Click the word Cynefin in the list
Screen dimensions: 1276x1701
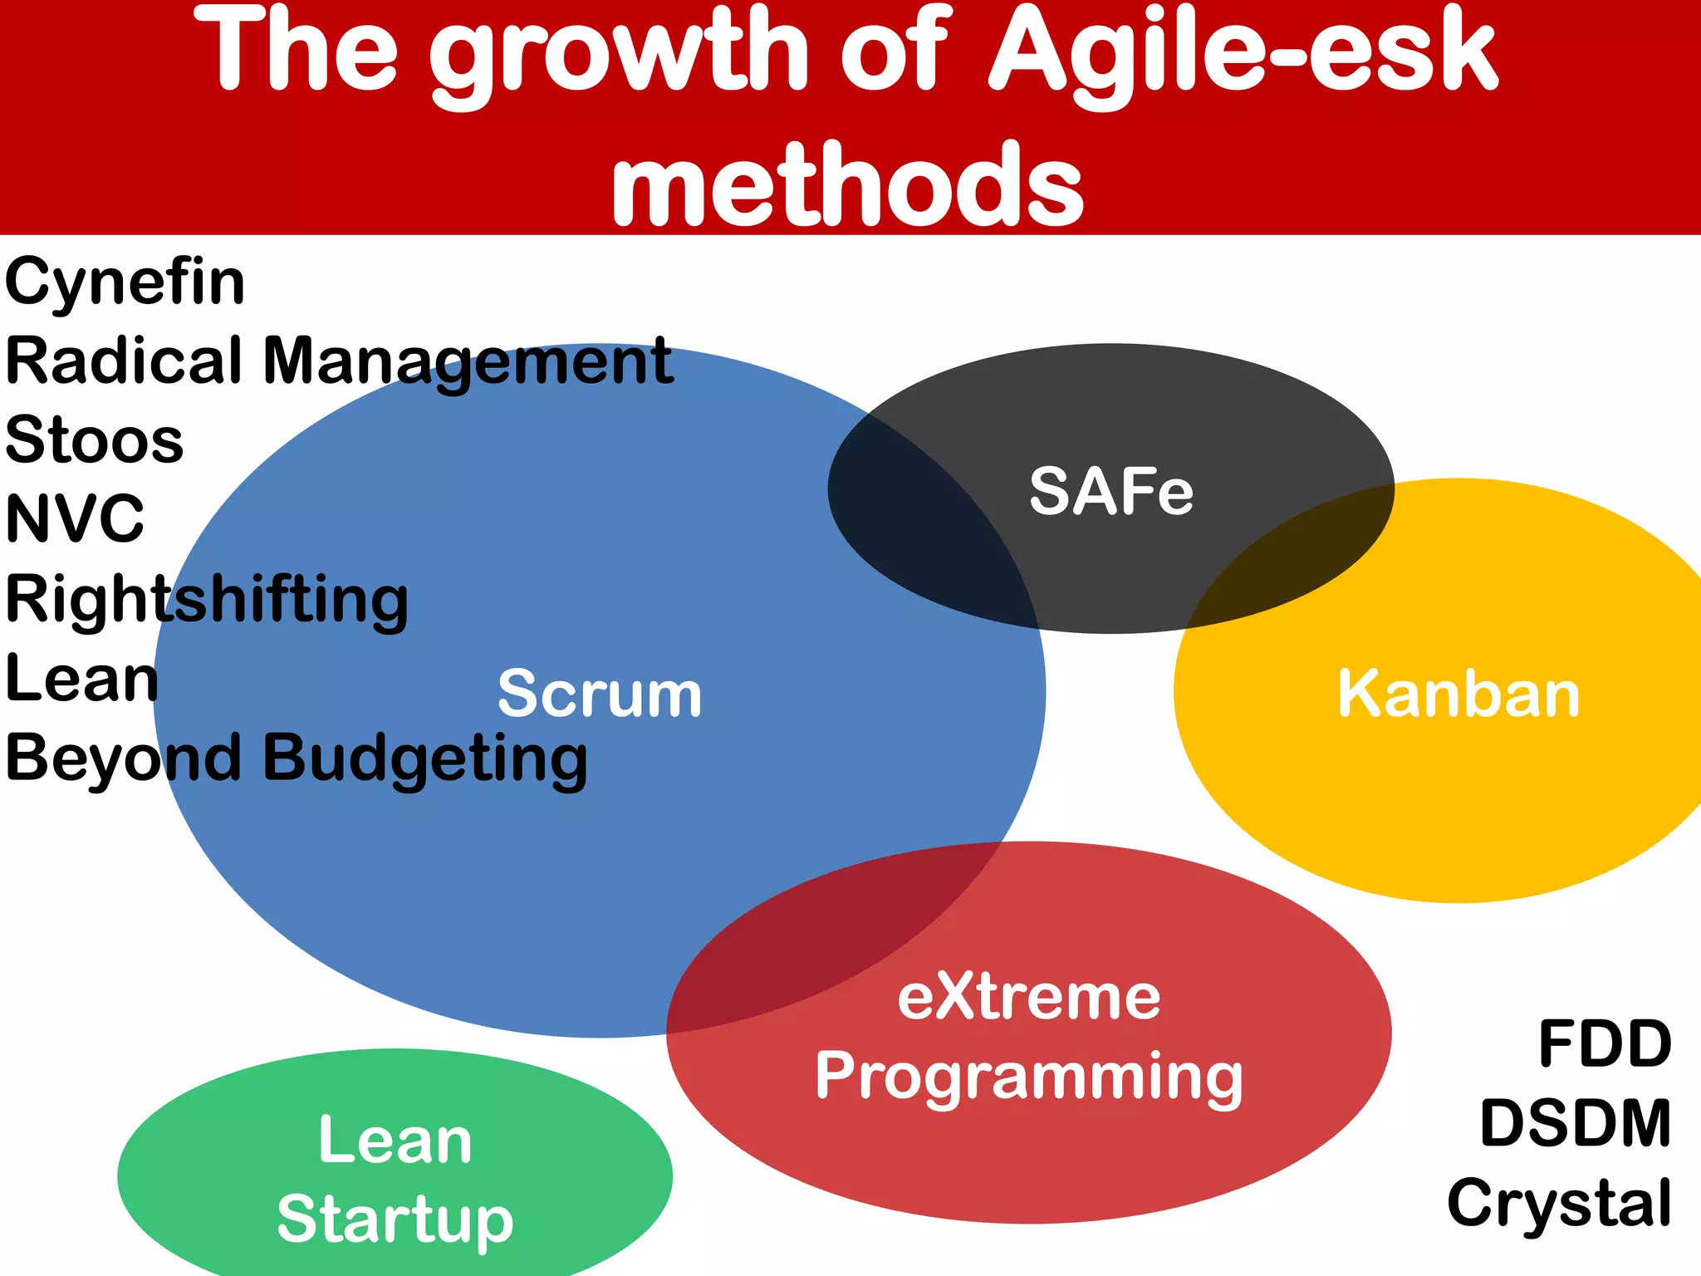coord(125,282)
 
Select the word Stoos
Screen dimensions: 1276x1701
coord(94,440)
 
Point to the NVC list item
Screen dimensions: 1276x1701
coord(75,519)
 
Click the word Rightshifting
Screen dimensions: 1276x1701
coord(207,600)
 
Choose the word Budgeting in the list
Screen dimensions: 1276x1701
coord(425,758)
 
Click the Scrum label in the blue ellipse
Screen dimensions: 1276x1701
coord(600,694)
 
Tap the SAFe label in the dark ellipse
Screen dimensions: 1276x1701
coord(1111,492)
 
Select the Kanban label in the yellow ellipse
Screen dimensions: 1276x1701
coord(1458,694)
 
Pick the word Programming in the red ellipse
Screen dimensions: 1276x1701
coord(1028,1077)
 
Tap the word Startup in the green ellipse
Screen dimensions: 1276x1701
coord(395,1220)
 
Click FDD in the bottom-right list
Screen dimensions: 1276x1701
coord(1604,1043)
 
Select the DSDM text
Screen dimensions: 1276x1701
coord(1575,1123)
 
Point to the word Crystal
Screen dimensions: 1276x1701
coord(1559,1203)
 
